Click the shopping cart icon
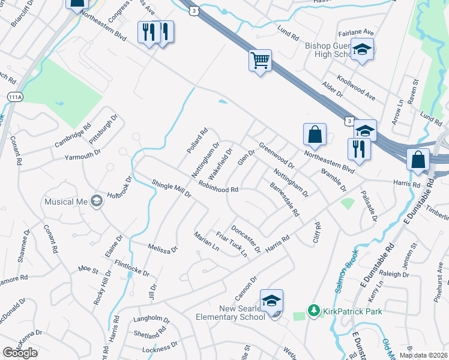tap(261, 60)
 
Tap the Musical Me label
tap(66, 202)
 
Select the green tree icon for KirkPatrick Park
tap(313, 310)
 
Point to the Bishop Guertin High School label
tap(328, 50)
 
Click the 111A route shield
tap(15, 97)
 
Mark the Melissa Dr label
tap(163, 247)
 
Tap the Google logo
tap(20, 352)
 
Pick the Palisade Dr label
tap(369, 207)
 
